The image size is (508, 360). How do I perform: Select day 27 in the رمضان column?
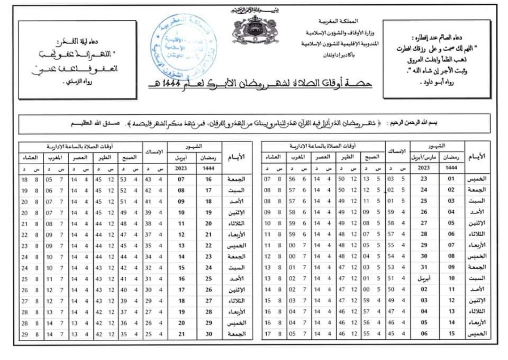coord(208,301)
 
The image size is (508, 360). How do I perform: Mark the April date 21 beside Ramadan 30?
coord(181,334)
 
